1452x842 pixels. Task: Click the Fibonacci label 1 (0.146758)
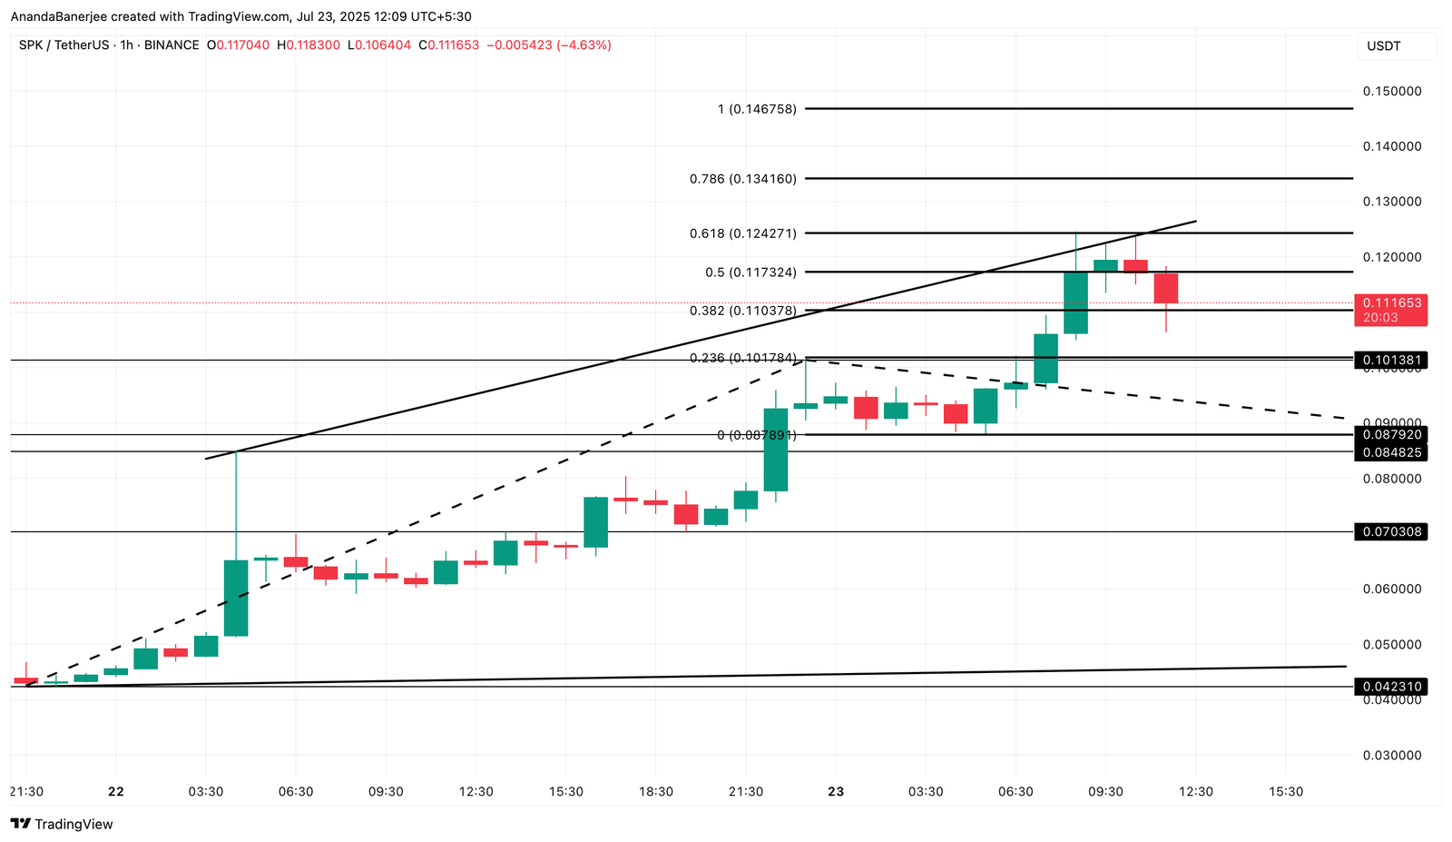(x=757, y=109)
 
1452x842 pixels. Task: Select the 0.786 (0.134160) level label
(x=742, y=179)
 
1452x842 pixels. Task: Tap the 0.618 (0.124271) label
(x=742, y=233)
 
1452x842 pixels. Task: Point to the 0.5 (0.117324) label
(x=751, y=272)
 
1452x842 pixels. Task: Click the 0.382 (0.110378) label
(x=742, y=311)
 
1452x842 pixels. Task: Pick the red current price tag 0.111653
(x=1389, y=302)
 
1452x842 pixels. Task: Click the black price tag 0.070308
(x=1389, y=531)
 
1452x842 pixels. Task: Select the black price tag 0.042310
(x=1389, y=687)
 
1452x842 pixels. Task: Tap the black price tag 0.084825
(x=1389, y=452)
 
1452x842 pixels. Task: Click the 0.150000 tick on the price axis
(x=1391, y=91)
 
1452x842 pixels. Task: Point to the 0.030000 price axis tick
(x=1391, y=755)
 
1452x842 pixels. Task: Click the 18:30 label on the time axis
(x=655, y=791)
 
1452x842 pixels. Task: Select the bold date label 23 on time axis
(x=836, y=791)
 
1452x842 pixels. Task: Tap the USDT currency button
(x=1384, y=46)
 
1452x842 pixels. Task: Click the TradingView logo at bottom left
(x=62, y=824)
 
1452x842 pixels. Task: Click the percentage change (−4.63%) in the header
(x=584, y=45)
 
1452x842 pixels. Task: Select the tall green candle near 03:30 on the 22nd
(x=236, y=598)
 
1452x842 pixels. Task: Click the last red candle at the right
(x=1166, y=288)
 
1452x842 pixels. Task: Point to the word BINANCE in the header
(x=171, y=45)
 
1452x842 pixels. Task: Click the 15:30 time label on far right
(x=1285, y=791)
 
